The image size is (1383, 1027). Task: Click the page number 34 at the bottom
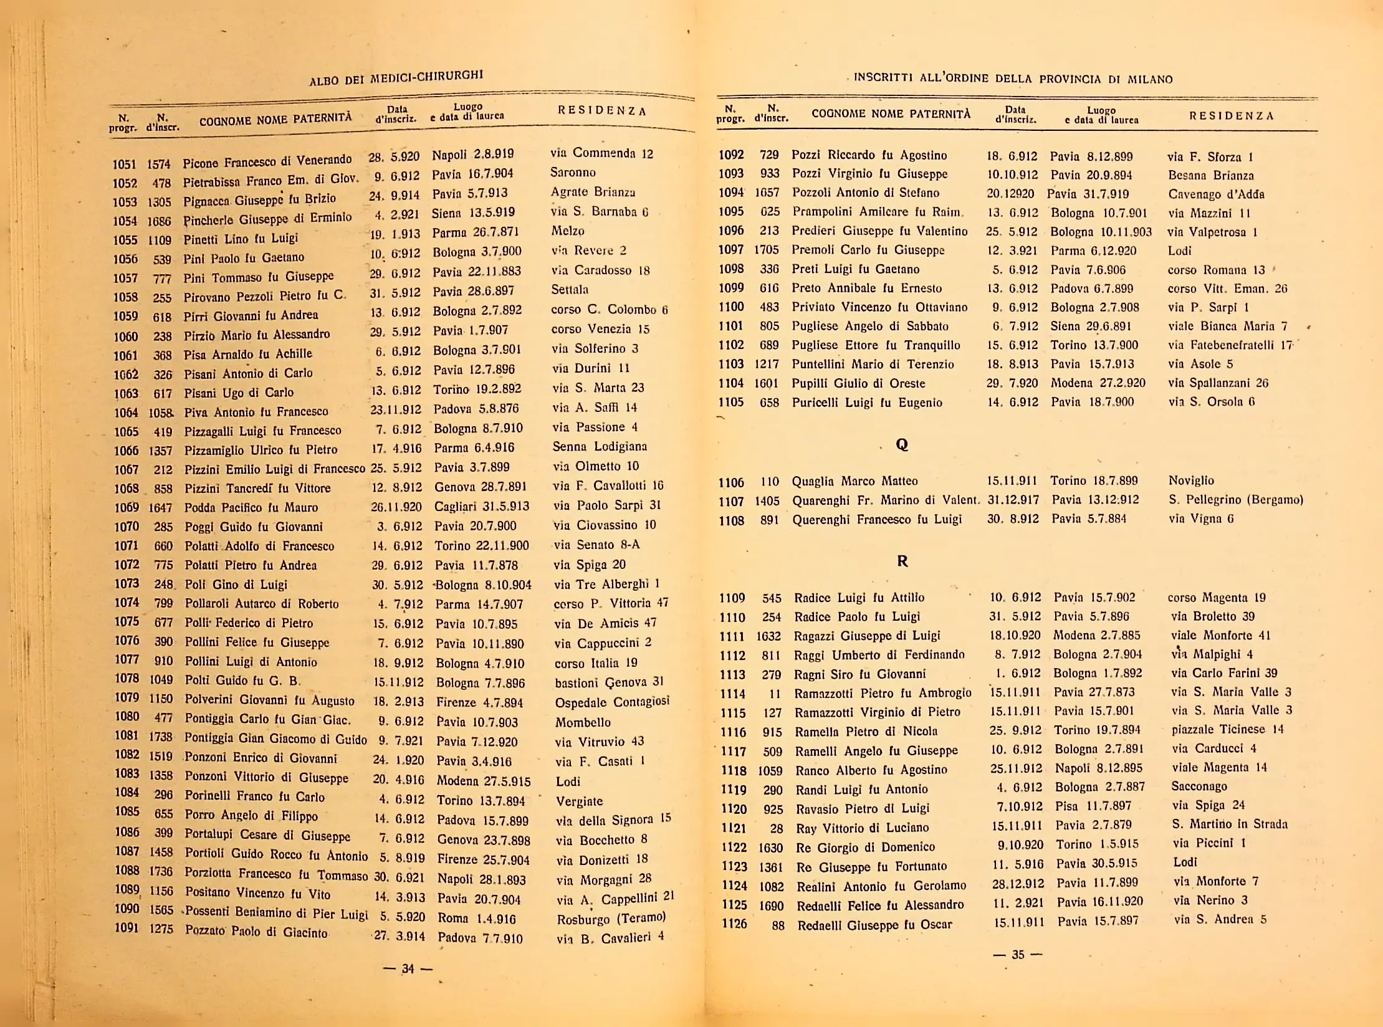point(408,968)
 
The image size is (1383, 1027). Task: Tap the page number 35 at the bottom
point(1018,954)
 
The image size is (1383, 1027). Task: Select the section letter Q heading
point(901,444)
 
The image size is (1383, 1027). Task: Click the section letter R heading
point(902,561)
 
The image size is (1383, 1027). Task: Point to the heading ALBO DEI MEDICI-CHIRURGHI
point(396,77)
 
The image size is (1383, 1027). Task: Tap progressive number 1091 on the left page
point(126,928)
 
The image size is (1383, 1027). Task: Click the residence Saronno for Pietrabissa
point(573,172)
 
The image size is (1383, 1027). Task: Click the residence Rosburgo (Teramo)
point(611,918)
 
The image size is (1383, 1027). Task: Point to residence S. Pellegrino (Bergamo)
point(1235,500)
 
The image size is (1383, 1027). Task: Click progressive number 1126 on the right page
point(734,924)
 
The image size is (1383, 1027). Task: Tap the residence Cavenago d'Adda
point(1216,194)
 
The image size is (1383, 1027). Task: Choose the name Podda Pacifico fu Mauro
point(251,507)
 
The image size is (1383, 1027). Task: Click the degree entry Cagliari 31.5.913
point(481,506)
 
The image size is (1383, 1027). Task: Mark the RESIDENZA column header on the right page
point(1231,116)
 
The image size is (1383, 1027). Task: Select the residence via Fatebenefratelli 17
point(1230,345)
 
